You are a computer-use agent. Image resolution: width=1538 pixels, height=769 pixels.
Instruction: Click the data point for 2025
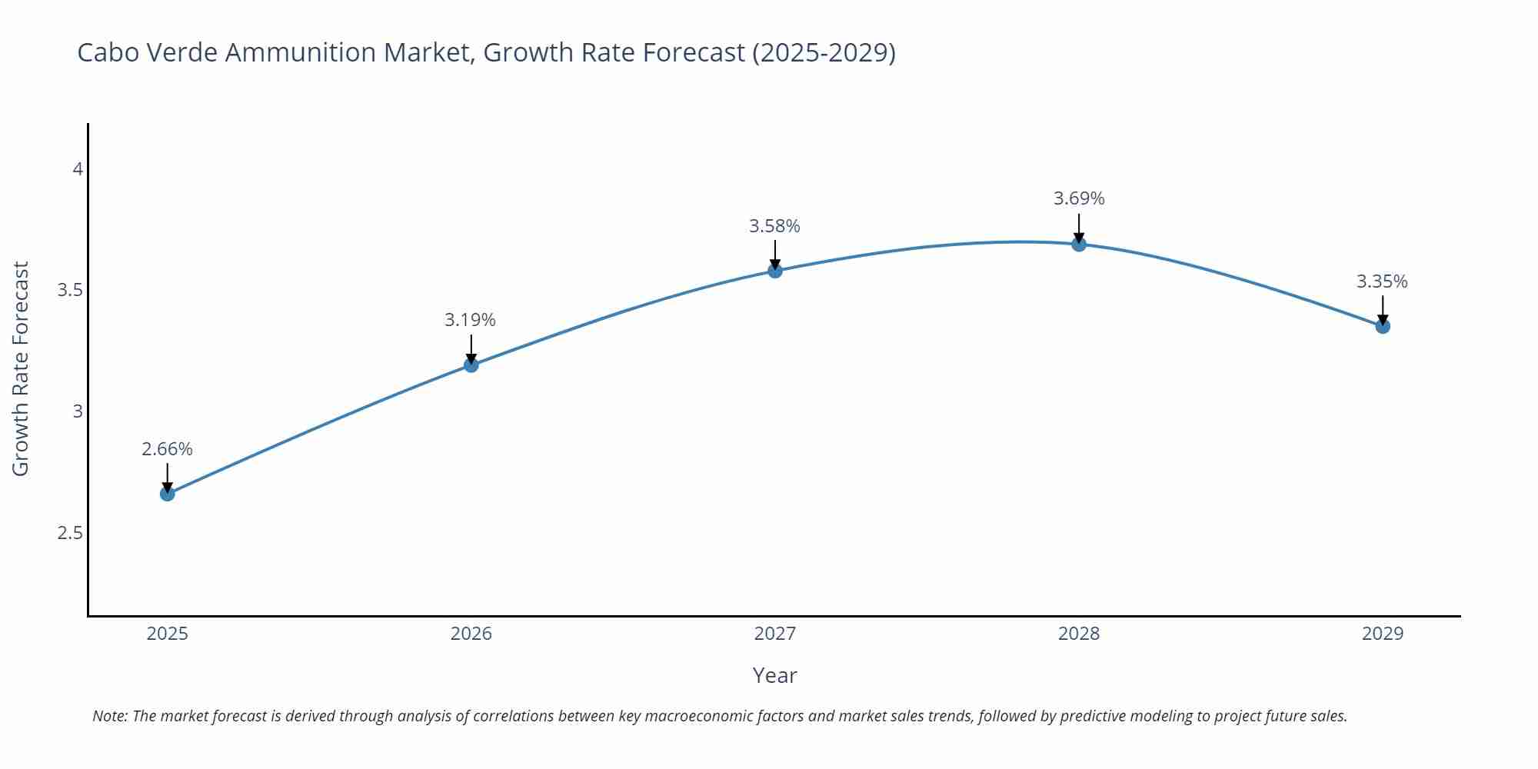(x=167, y=494)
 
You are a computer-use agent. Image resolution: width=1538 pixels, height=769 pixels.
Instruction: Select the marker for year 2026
(x=471, y=365)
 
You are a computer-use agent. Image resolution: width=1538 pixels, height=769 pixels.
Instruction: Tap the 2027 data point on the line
(x=774, y=270)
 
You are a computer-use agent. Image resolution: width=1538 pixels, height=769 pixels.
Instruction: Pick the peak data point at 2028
(x=1078, y=244)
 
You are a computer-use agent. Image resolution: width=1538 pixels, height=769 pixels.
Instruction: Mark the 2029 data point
(x=1382, y=326)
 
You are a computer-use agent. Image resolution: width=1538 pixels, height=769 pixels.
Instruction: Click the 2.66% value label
(x=167, y=449)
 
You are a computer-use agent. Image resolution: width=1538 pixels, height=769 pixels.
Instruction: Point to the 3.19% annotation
(x=470, y=320)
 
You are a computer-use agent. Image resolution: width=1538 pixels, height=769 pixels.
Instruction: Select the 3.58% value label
(x=774, y=226)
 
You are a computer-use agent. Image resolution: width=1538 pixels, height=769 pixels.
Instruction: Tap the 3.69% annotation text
(x=1078, y=198)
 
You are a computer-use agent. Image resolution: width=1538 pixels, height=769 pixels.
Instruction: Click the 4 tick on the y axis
(x=77, y=168)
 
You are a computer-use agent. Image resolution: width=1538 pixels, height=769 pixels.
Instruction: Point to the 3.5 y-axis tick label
(x=70, y=290)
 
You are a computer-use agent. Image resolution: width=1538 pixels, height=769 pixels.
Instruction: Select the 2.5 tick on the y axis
(x=70, y=533)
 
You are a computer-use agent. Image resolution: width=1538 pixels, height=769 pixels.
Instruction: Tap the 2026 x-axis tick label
(x=471, y=634)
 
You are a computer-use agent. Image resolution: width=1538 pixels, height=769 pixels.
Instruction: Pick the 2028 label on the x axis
(x=1078, y=634)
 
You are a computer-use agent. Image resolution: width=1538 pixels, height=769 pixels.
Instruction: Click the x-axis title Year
(x=774, y=675)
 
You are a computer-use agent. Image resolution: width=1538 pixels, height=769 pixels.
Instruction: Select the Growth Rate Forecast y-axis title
(x=21, y=368)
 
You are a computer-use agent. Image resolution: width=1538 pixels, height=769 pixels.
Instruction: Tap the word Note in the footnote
(x=109, y=716)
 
